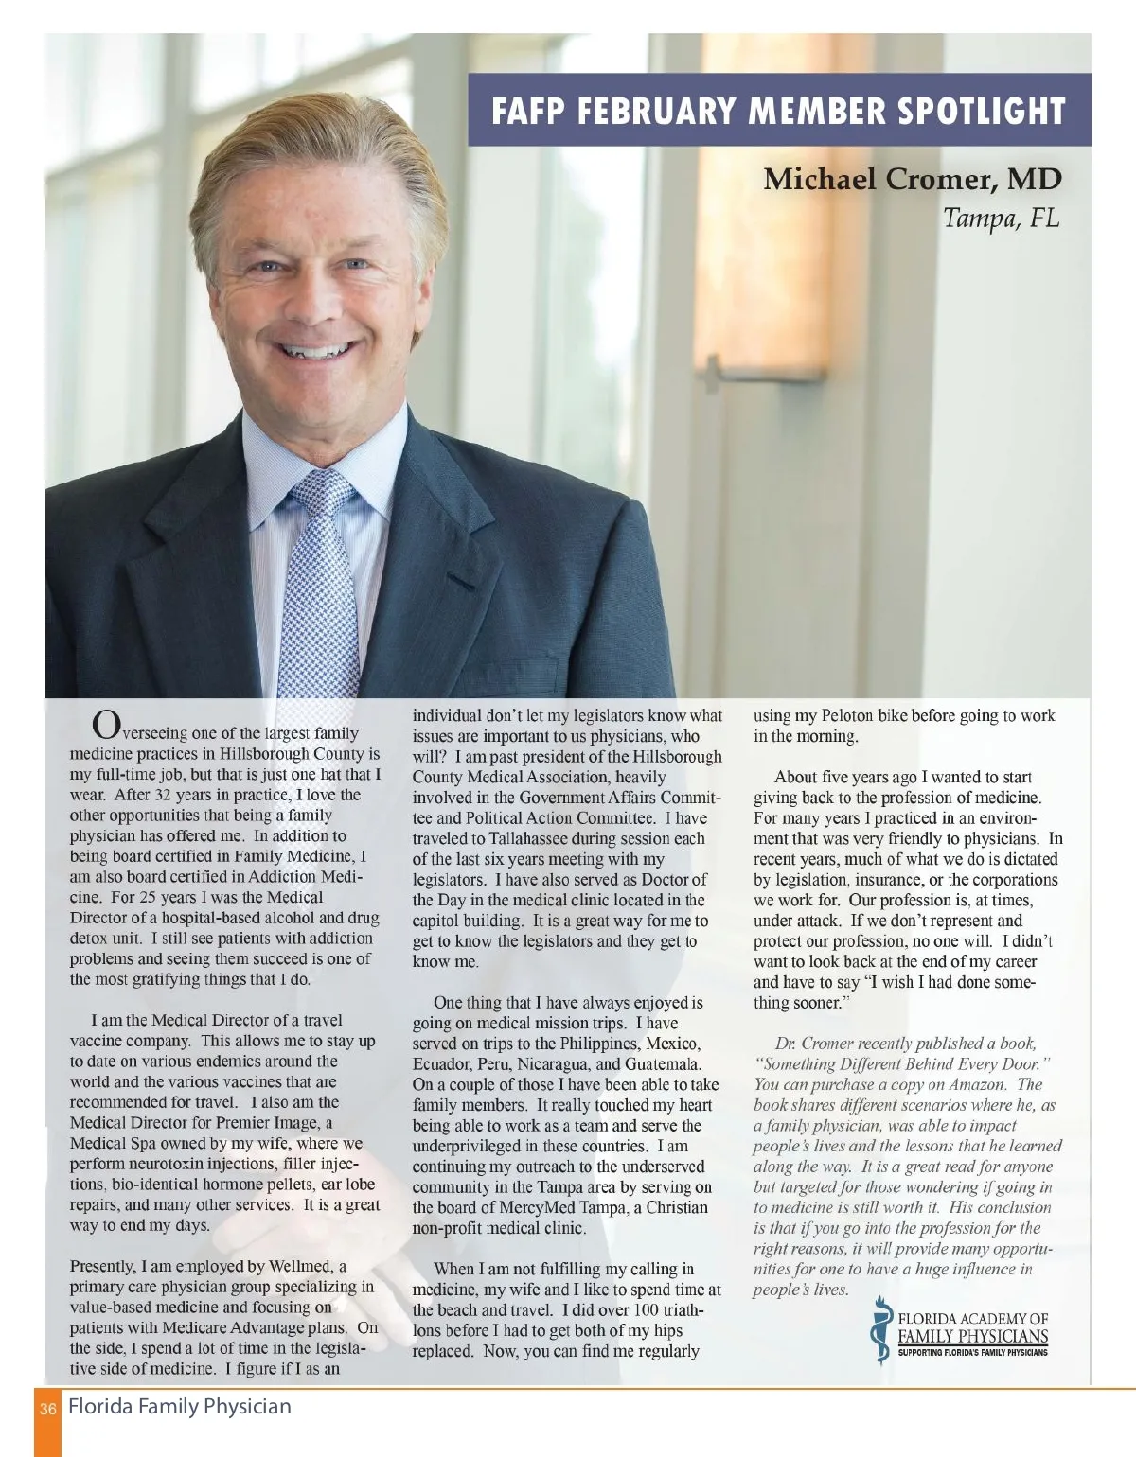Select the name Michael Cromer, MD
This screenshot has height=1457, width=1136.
pos(912,179)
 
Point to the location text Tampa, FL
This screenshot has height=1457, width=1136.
pos(1000,219)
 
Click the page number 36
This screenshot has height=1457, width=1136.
pos(48,1409)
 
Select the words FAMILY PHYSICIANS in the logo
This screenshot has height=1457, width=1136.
pos(972,1336)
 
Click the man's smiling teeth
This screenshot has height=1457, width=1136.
pos(315,352)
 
